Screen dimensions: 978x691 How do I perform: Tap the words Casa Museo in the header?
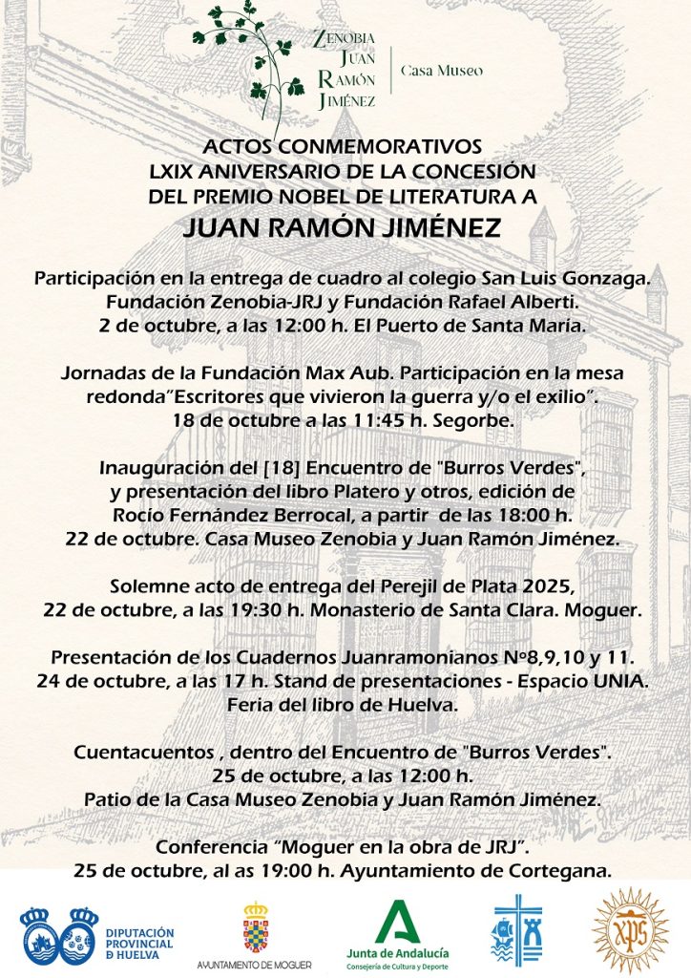coord(441,70)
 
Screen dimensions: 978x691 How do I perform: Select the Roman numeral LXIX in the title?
coord(178,171)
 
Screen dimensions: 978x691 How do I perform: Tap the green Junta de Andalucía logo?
coord(397,929)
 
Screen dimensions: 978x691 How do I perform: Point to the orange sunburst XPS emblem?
coord(630,930)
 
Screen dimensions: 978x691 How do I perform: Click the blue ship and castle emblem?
coord(516,929)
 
